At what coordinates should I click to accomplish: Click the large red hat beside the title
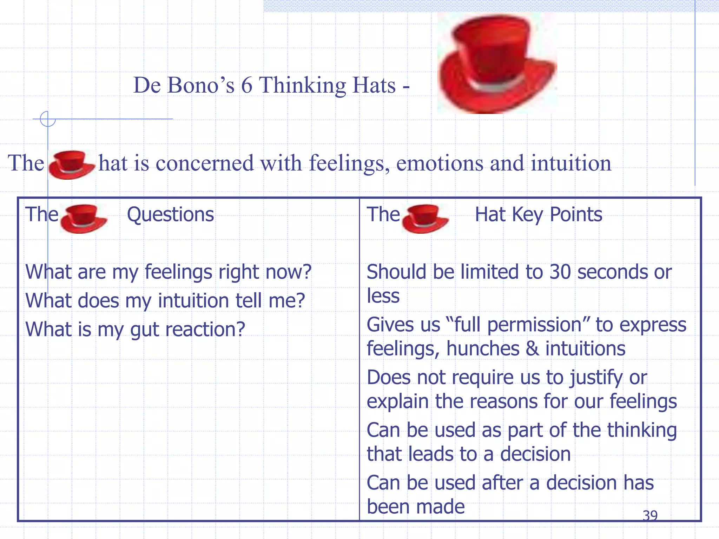coord(497,63)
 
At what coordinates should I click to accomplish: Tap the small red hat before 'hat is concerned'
coord(71,165)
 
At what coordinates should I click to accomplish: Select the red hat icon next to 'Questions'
coord(83,218)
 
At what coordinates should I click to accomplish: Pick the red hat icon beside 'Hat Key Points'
coord(425,218)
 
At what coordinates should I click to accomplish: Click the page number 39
coord(650,515)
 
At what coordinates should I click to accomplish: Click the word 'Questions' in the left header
coord(170,214)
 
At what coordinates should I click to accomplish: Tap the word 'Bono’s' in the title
coord(200,85)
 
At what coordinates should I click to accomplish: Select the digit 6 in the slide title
coord(246,85)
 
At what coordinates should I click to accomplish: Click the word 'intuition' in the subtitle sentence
coord(571,163)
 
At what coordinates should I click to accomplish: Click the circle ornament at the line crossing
coord(48,119)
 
